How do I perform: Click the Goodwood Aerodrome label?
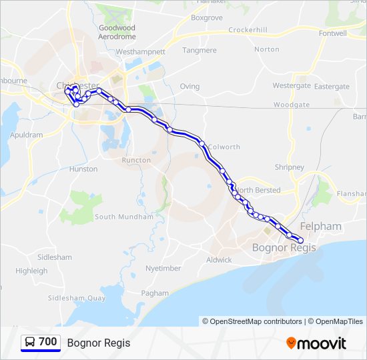(x=117, y=32)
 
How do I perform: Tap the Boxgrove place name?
(x=206, y=18)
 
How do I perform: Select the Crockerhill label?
(x=248, y=30)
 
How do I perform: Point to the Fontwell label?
(x=333, y=33)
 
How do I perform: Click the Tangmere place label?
(x=200, y=50)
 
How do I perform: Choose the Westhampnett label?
(x=140, y=51)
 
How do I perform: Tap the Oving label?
(x=190, y=86)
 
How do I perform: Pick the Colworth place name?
(x=224, y=147)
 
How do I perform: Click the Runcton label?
(x=136, y=160)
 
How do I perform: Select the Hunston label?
(x=83, y=169)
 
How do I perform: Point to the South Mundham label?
(x=123, y=217)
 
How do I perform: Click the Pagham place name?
(x=155, y=293)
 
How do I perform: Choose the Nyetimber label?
(x=163, y=268)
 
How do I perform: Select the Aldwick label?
(x=219, y=260)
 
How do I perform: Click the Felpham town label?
(x=321, y=227)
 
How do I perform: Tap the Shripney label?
(x=289, y=167)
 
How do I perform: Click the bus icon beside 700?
(x=30, y=342)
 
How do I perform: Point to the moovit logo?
(x=316, y=343)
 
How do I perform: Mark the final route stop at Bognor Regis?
(x=301, y=240)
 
